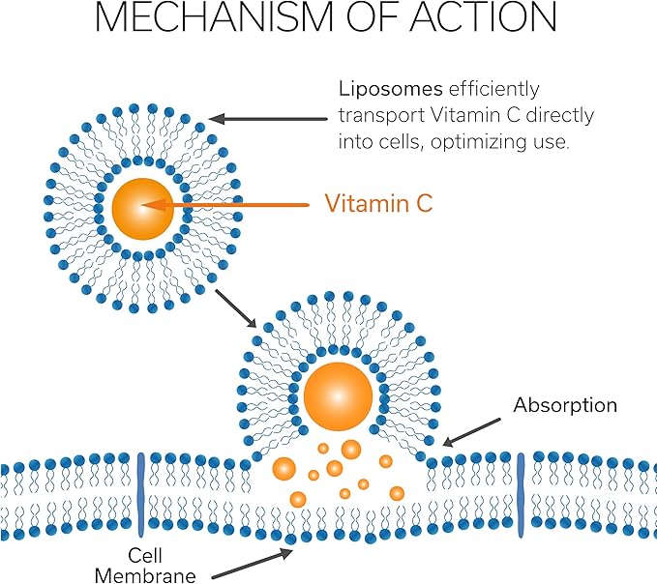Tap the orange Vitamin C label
pyautogui.click(x=377, y=204)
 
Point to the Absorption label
pyautogui.click(x=565, y=404)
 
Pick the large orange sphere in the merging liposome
pyautogui.click(x=338, y=394)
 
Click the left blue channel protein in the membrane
pyautogui.click(x=140, y=493)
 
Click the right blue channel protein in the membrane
pyautogui.click(x=521, y=493)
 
